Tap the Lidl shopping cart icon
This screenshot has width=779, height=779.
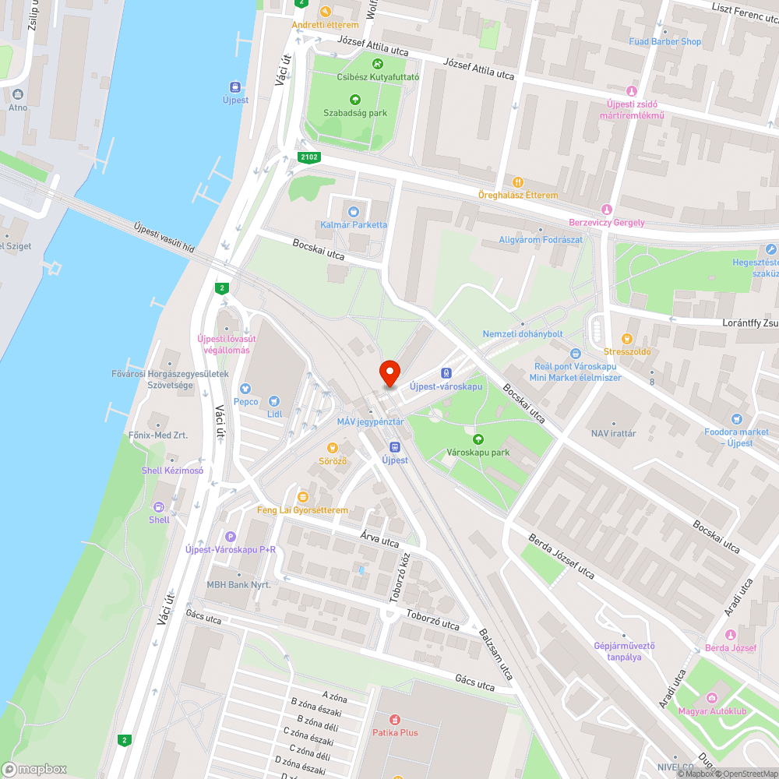[273, 400]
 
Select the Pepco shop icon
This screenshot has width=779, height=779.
[245, 388]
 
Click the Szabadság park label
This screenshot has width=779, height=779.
[355, 113]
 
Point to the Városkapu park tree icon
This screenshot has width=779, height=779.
[478, 439]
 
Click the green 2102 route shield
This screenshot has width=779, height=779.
[308, 158]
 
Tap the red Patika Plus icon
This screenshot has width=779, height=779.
[395, 719]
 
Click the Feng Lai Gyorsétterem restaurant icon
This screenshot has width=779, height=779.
[302, 496]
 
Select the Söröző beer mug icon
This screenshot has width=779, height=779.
[333, 448]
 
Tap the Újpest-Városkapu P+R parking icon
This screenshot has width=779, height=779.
[230, 536]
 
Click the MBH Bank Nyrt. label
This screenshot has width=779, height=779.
[238, 584]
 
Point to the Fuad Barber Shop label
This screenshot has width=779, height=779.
[665, 42]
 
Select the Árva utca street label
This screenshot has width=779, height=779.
[379, 537]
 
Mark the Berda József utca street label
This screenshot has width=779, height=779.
[561, 556]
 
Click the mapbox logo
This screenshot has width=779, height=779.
[34, 768]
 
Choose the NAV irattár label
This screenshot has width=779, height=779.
[613, 433]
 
